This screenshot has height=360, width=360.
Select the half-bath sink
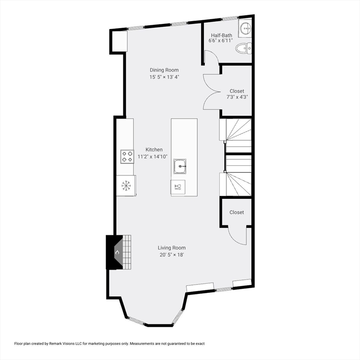tap(246, 29)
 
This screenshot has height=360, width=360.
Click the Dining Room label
tap(164, 70)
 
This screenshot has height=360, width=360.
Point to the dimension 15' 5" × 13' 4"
tap(164, 77)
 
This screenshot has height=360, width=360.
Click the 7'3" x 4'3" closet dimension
tap(237, 97)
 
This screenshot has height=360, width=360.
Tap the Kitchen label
tap(153, 150)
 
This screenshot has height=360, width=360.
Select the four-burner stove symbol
tap(127, 156)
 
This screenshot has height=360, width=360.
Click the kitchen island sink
tap(181, 166)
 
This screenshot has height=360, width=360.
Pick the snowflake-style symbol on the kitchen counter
tap(126, 185)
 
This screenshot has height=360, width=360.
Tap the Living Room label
tap(172, 248)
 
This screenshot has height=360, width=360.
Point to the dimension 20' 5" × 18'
tap(172, 255)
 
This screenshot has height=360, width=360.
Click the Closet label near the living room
tap(237, 212)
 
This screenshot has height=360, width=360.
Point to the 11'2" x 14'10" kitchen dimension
tap(153, 157)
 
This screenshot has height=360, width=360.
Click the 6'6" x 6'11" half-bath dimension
tap(220, 41)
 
